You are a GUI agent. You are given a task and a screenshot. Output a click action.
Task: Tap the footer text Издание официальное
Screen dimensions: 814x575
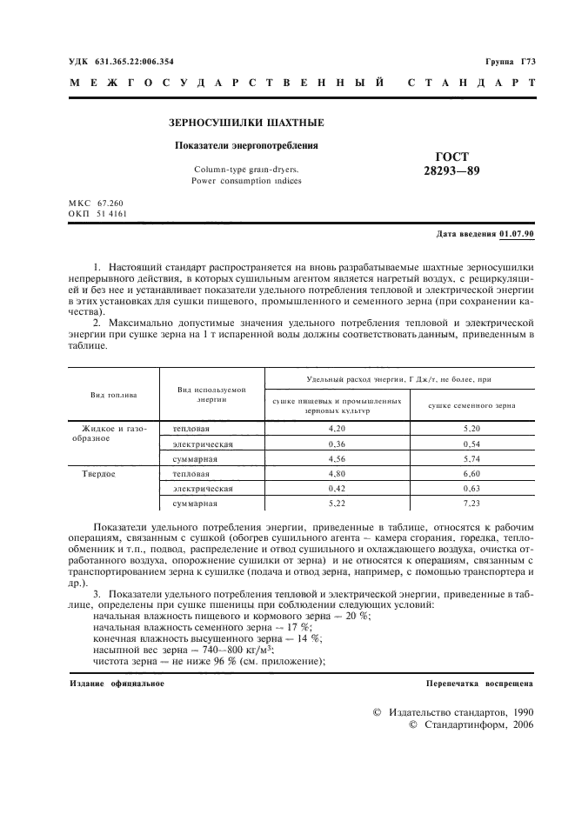[x=117, y=684]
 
